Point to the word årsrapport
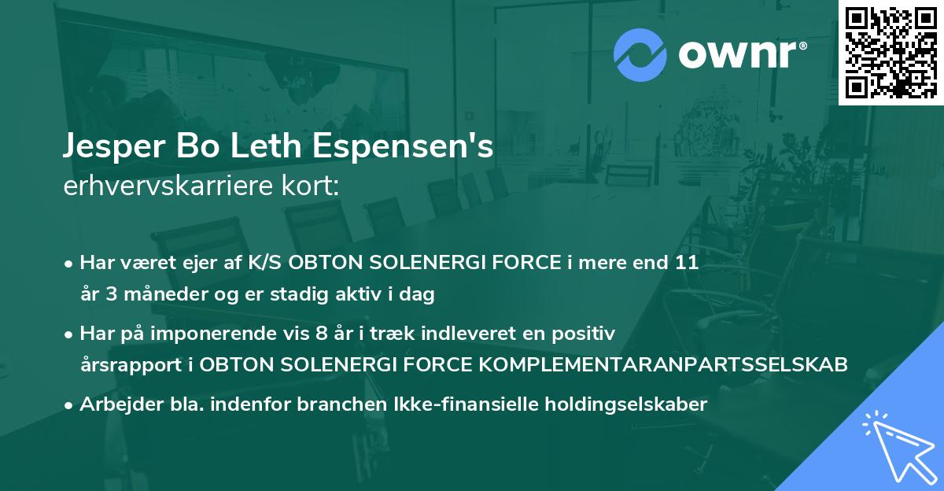tap(127, 365)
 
